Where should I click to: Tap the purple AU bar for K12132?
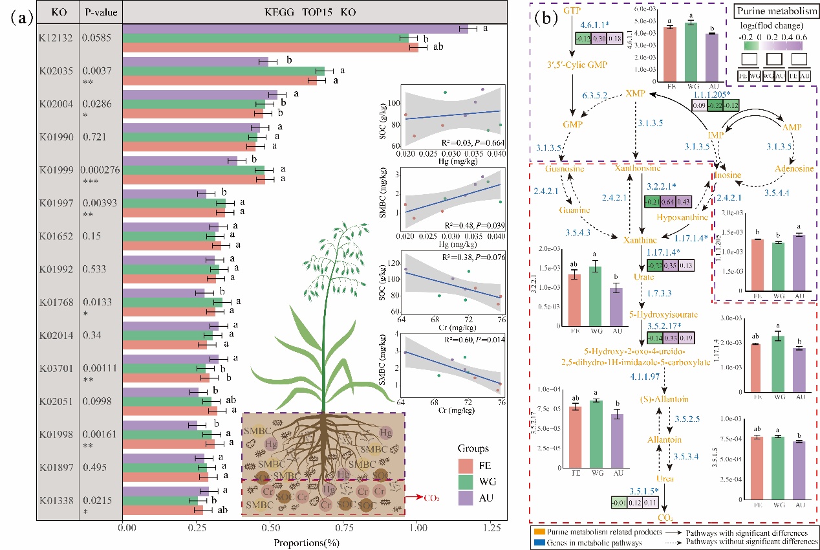tap(295, 28)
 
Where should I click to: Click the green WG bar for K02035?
tap(224, 71)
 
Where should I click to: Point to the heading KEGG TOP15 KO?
tap(310, 12)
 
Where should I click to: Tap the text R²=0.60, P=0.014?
tap(470, 340)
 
